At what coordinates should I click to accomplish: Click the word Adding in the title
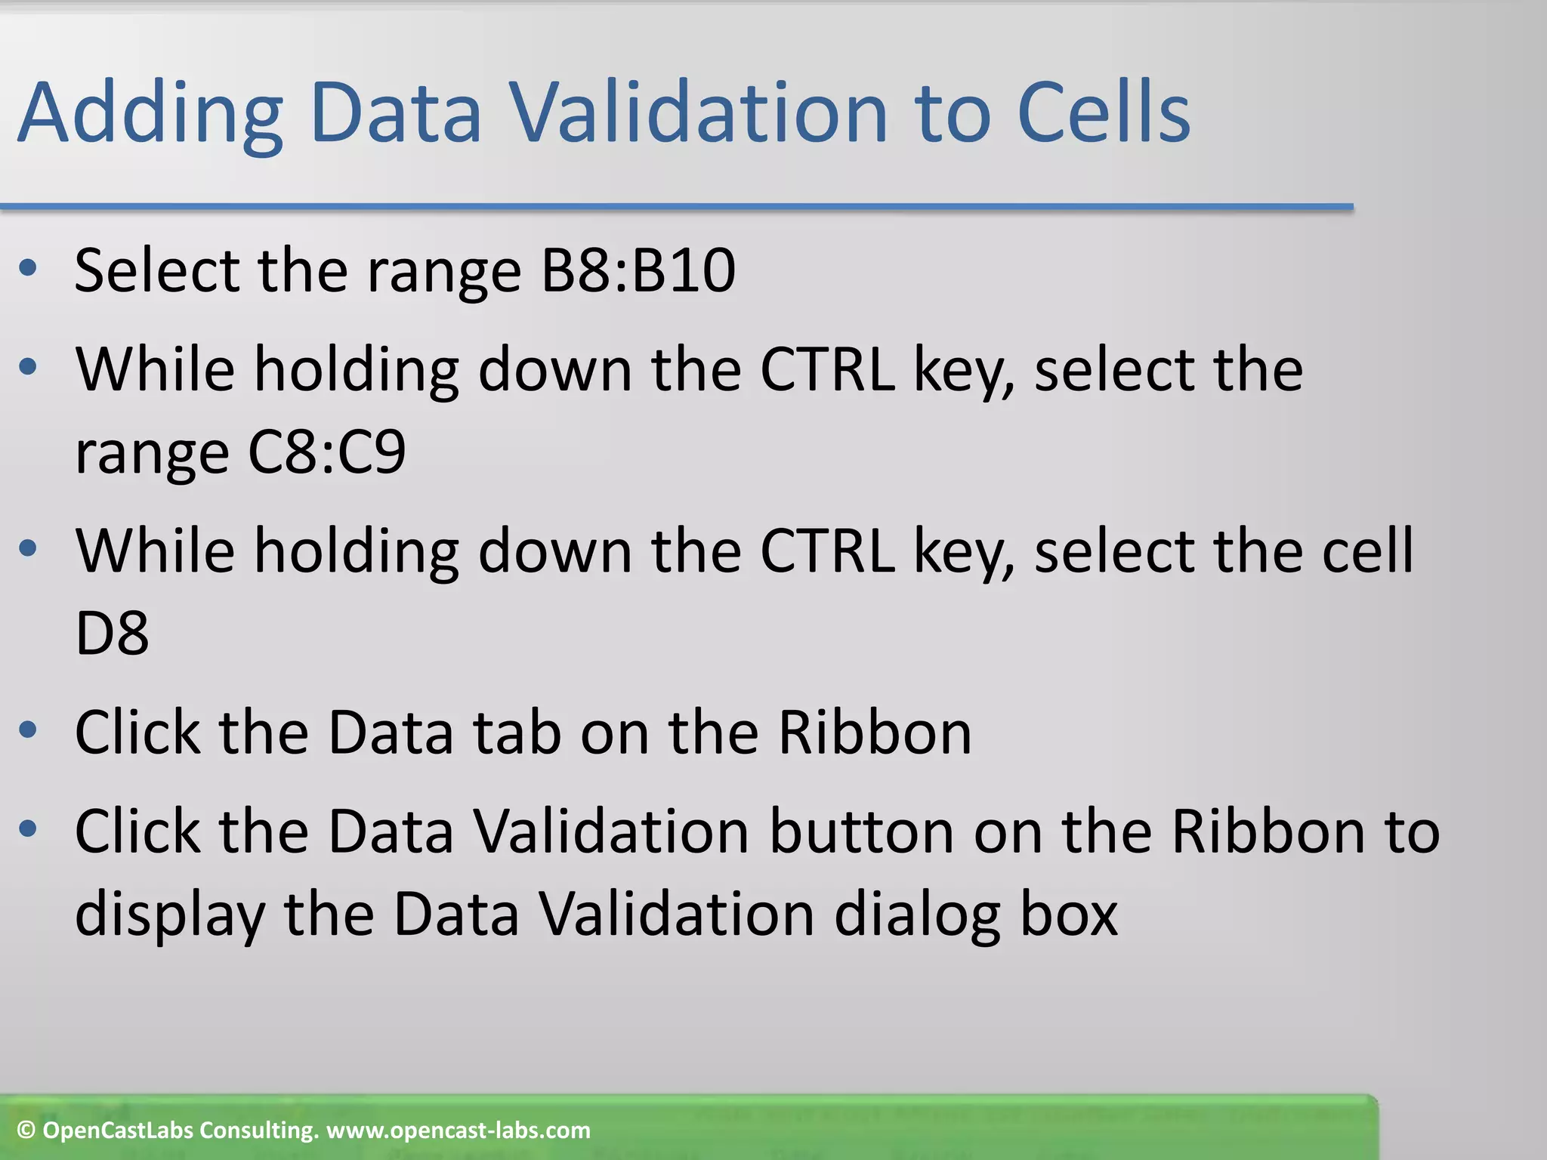(x=150, y=113)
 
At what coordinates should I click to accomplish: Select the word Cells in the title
(x=1104, y=113)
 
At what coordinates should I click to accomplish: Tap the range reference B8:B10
(x=638, y=270)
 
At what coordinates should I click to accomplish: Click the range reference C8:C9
(x=326, y=452)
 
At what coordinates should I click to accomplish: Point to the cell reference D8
(x=112, y=633)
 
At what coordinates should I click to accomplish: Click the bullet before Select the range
(x=28, y=268)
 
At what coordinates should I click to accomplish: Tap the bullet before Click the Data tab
(x=28, y=730)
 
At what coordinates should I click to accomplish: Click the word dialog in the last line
(x=916, y=914)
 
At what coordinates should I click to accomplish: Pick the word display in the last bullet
(x=169, y=914)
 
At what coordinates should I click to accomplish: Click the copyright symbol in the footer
(x=26, y=1131)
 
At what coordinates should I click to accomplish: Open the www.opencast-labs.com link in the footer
(x=458, y=1131)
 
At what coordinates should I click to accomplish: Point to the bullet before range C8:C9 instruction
(x=28, y=368)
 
